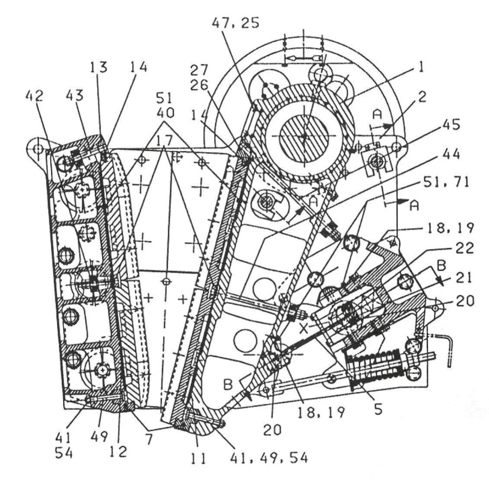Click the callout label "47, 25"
pos(235,22)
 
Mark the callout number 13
pos(100,68)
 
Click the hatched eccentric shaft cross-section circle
pos(304,136)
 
